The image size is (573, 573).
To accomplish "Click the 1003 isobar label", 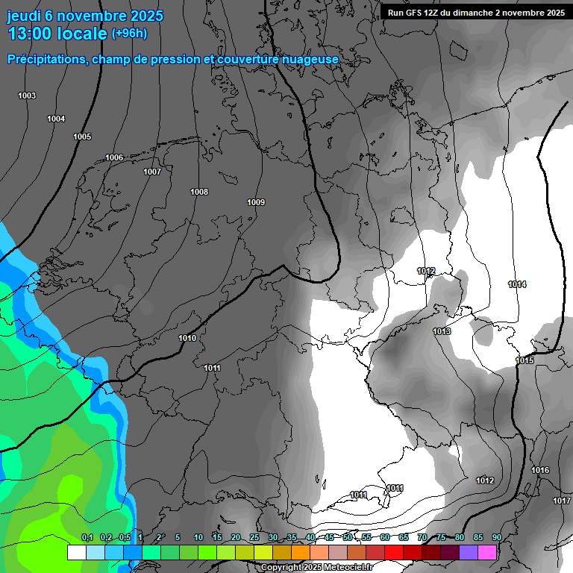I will (27, 95).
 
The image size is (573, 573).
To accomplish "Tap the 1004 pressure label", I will (56, 119).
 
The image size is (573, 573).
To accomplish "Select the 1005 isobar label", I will (82, 137).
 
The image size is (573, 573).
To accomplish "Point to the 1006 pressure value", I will (114, 157).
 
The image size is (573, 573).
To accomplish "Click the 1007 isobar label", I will (152, 172).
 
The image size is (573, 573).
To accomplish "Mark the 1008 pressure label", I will (199, 192).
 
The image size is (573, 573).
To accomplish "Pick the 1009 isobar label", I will (256, 202).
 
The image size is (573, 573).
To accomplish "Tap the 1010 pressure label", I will (187, 338).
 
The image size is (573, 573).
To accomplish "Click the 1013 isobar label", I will (442, 331).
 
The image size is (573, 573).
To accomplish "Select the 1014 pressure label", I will (517, 284).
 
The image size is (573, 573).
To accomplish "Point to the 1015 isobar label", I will (525, 360).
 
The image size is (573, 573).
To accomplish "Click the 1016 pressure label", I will (540, 470).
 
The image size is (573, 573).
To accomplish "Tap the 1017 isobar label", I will (562, 501).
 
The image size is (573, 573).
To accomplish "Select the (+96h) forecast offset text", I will (129, 34).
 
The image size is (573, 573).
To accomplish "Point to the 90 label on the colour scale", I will (496, 537).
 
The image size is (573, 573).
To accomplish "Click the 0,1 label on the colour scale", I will (87, 537).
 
